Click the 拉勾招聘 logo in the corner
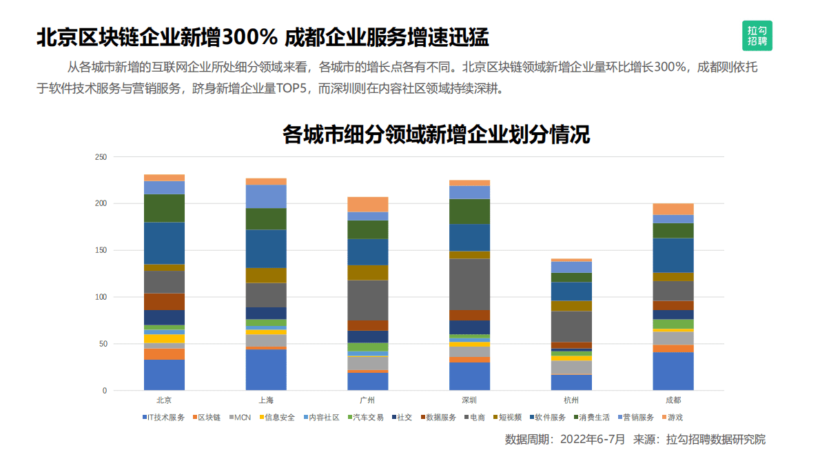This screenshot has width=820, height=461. click(757, 35)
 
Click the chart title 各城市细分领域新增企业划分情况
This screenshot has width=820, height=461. click(435, 134)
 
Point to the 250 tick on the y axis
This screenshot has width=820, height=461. click(101, 157)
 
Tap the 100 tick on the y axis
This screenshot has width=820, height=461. click(101, 297)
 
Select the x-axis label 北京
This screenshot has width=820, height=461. click(164, 400)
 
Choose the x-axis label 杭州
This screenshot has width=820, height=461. click(571, 400)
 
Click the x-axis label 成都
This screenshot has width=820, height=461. click(673, 400)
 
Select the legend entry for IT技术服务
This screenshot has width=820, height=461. click(163, 418)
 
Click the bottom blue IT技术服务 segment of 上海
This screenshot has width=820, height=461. click(266, 370)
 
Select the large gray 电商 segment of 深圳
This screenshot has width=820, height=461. click(469, 284)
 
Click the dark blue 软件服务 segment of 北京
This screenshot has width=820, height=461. click(164, 243)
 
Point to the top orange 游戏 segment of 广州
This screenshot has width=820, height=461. click(367, 204)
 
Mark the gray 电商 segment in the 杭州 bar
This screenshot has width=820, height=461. click(571, 326)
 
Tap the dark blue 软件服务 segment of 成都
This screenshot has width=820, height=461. click(673, 255)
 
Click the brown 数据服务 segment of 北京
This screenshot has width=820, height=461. click(164, 301)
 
